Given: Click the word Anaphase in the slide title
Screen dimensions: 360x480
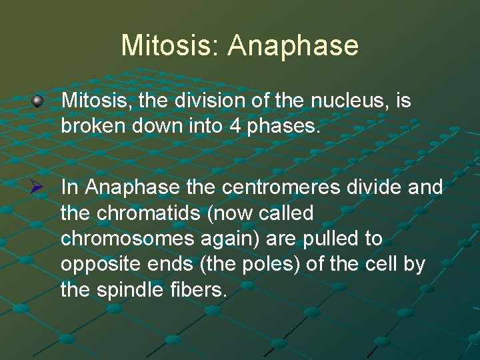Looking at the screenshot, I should pyautogui.click(x=293, y=46).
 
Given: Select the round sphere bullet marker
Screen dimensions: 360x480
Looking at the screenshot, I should pyautogui.click(x=39, y=101).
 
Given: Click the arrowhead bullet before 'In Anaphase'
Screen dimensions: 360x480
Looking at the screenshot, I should pyautogui.click(x=39, y=188).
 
